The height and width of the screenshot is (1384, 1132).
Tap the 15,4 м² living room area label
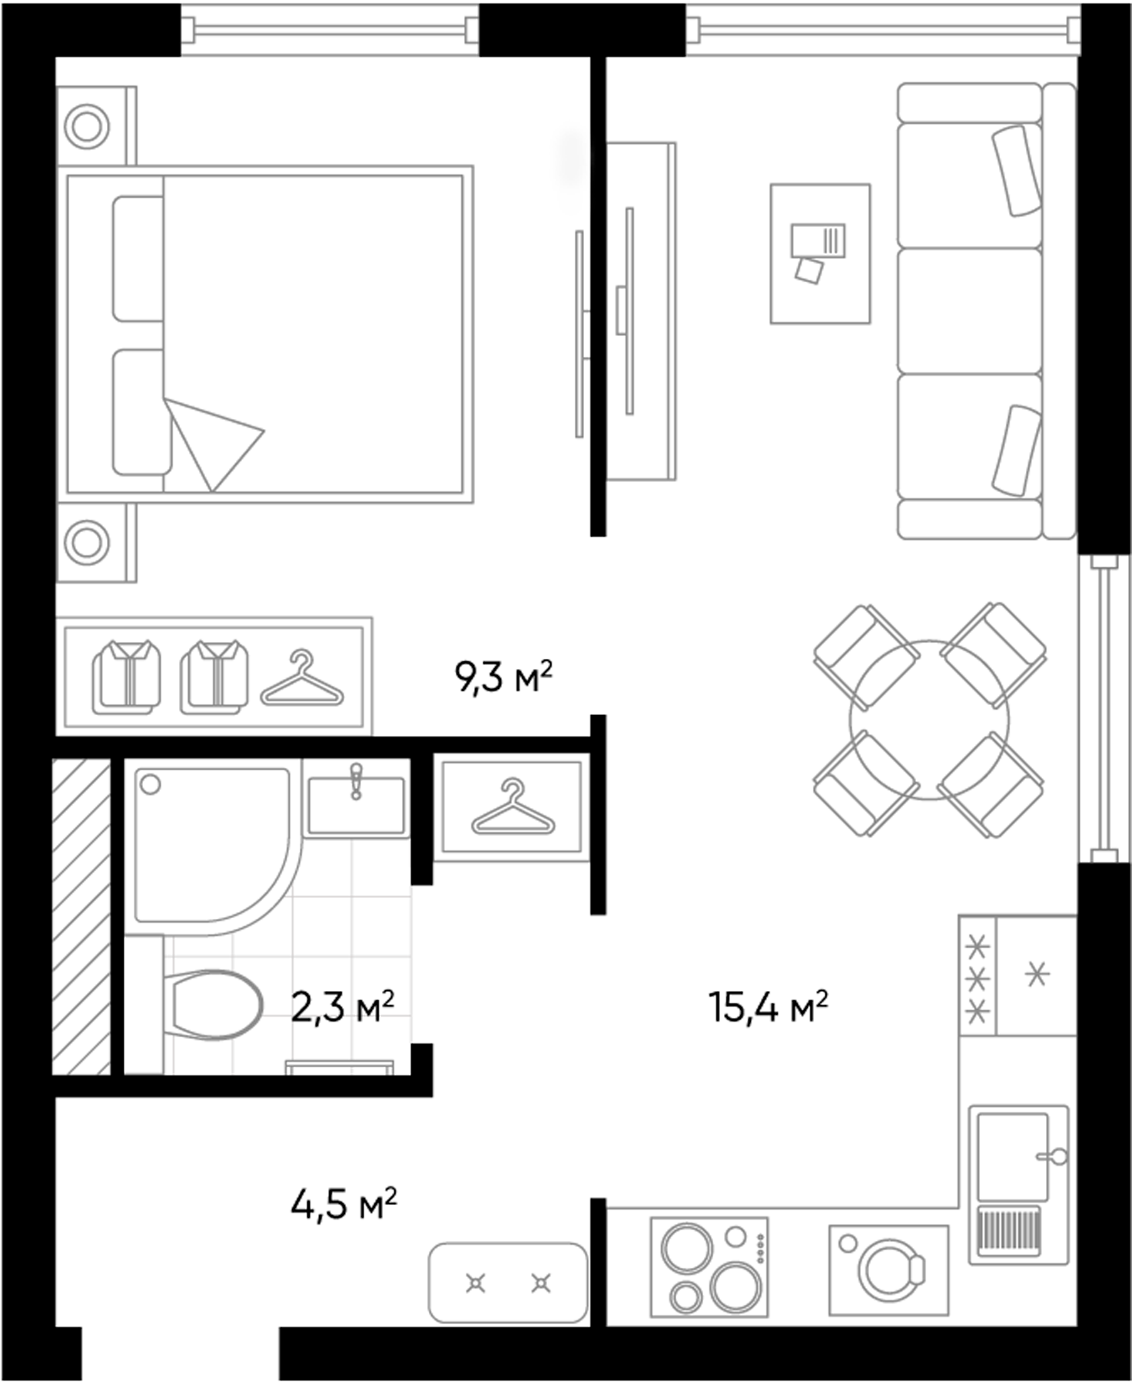768,1006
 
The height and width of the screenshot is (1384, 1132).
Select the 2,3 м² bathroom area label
343,1006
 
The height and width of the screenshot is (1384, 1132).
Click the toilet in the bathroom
214,1005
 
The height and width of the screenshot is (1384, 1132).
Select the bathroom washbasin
356,807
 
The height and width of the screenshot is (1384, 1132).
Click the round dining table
929,720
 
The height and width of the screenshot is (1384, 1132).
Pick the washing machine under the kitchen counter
888,1270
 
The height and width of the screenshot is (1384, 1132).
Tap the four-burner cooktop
709,1266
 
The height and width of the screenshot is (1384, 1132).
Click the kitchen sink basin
1012,1156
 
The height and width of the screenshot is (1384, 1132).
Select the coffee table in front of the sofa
820,253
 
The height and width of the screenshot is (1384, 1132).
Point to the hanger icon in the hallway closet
513,808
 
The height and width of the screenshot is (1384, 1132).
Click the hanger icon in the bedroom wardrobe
302,680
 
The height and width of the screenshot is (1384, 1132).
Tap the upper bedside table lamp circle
86,126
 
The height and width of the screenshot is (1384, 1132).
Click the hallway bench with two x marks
508,1283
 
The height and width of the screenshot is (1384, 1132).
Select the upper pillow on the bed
138,258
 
